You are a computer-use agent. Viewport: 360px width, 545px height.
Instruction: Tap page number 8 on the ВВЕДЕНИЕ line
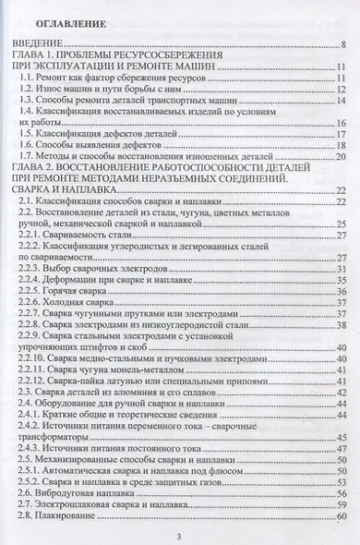point(342,44)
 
